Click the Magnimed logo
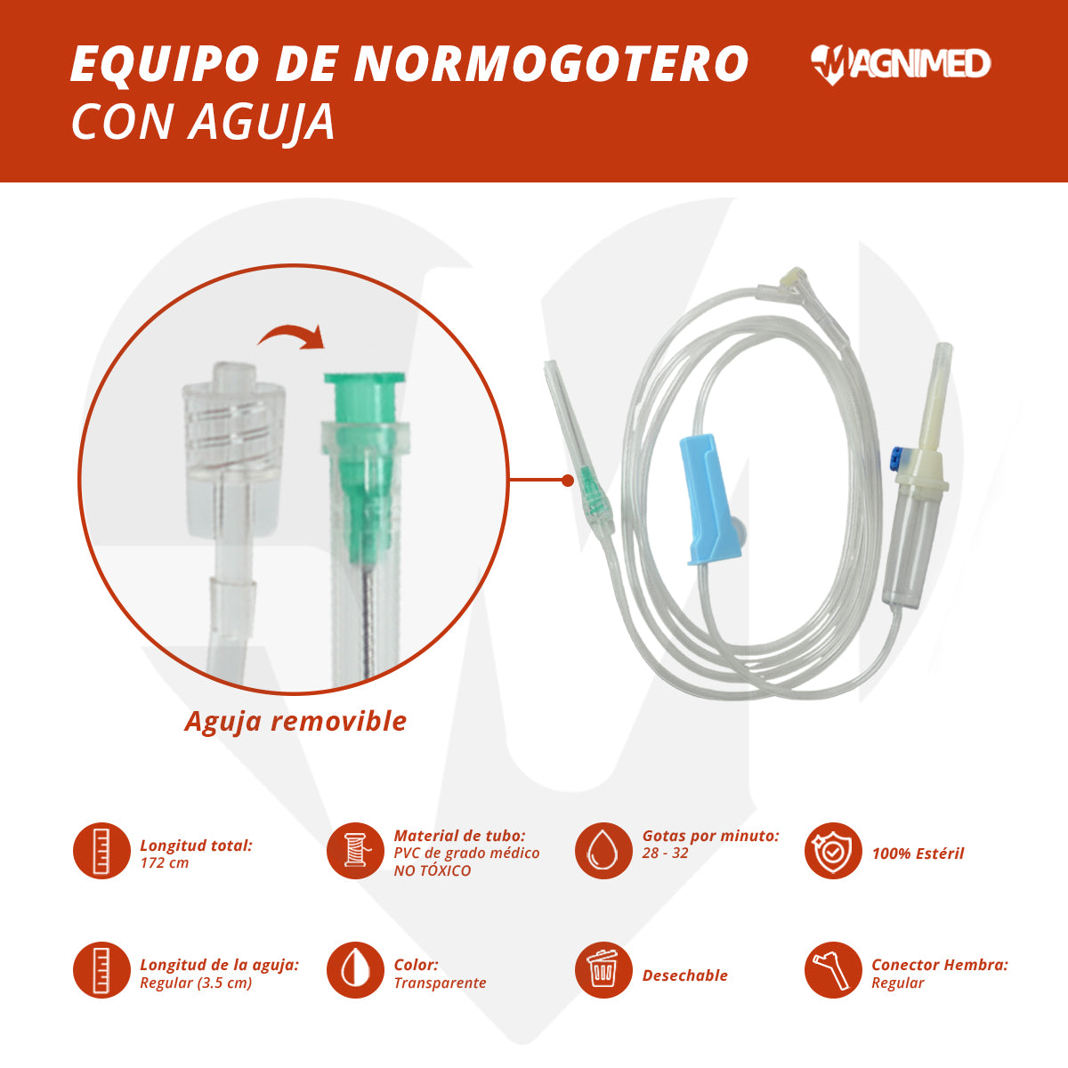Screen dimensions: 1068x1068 [x=900, y=64]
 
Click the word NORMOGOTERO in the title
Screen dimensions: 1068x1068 [x=552, y=64]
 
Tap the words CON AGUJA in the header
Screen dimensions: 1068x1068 [x=203, y=123]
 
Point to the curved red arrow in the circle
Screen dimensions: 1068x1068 [x=291, y=337]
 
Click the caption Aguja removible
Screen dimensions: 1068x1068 [x=295, y=721]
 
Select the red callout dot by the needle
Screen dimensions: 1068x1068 [x=568, y=481]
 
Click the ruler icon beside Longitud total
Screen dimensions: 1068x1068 [x=101, y=851]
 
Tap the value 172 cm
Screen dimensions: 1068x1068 [x=165, y=863]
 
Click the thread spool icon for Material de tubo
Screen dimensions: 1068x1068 [x=355, y=851]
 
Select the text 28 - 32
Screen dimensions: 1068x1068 [x=665, y=853]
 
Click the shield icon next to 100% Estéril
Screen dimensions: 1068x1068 [x=833, y=851]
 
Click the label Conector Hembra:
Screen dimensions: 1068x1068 [x=940, y=965]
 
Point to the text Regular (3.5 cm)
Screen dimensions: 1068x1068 [x=196, y=983]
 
